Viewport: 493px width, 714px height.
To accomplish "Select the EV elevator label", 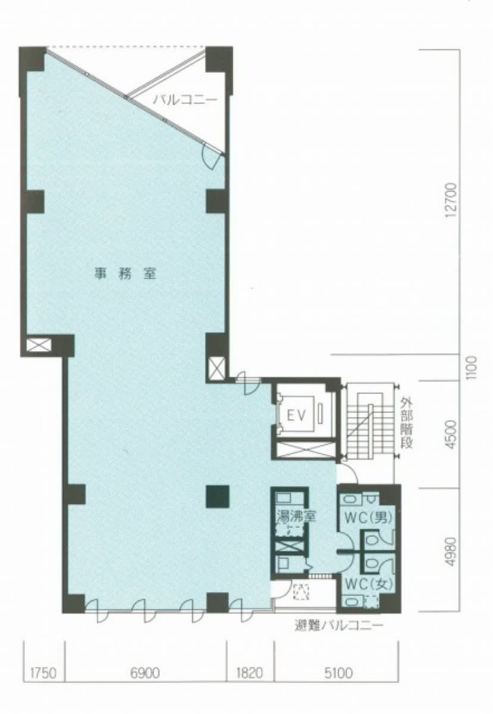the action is click(296, 415).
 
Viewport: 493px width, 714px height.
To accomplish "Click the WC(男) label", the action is click(369, 517).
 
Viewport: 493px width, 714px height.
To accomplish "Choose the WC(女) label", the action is click(369, 584).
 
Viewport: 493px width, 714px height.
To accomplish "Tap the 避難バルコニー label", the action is click(339, 626).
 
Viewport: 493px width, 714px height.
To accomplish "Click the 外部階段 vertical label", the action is click(407, 423).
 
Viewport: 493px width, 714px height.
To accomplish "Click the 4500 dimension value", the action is click(451, 434).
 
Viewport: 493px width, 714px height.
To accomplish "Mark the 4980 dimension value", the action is click(451, 551).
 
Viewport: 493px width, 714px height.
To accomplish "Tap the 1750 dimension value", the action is click(43, 672).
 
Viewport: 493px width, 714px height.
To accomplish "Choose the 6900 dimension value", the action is click(145, 672).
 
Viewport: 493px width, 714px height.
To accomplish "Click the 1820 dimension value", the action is click(250, 672).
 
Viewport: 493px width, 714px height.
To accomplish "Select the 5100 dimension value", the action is click(338, 672).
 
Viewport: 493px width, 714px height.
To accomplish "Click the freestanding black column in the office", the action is click(217, 496).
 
